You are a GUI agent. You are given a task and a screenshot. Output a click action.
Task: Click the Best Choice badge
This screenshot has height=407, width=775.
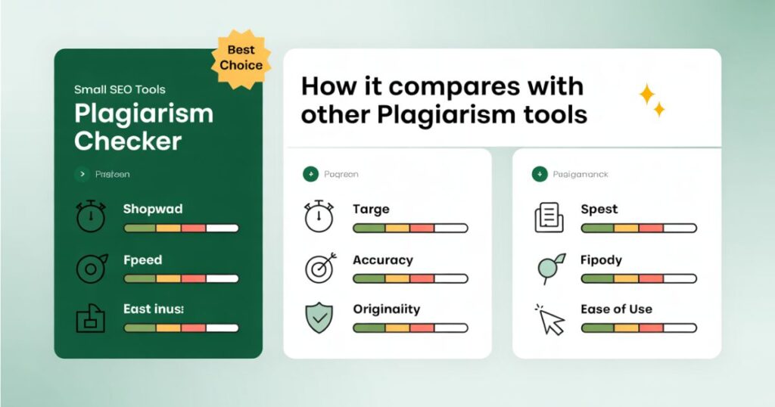pyautogui.click(x=240, y=57)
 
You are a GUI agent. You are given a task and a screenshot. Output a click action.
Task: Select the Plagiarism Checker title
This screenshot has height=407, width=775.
pyautogui.click(x=143, y=126)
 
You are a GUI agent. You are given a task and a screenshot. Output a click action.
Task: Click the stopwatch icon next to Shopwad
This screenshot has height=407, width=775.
pyautogui.click(x=92, y=217)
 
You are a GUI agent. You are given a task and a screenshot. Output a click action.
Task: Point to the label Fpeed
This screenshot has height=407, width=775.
pyautogui.click(x=142, y=260)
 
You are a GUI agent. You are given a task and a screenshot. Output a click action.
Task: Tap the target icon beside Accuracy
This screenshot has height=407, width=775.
pyautogui.click(x=319, y=268)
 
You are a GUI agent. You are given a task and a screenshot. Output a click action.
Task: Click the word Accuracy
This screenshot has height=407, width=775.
pyautogui.click(x=382, y=260)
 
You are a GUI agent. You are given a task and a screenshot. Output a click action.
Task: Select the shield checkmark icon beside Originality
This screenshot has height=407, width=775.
pyautogui.click(x=319, y=318)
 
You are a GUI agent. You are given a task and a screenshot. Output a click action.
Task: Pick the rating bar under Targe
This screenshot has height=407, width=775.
pyautogui.click(x=410, y=228)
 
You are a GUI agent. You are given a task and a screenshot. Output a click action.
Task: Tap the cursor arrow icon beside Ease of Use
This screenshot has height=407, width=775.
pyautogui.click(x=550, y=319)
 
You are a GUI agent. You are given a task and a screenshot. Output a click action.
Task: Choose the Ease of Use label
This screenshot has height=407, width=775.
pyautogui.click(x=616, y=309)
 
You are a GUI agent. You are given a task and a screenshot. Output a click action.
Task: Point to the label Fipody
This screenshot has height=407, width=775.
pyautogui.click(x=601, y=260)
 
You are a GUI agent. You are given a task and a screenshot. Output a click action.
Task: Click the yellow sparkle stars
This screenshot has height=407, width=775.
pyautogui.click(x=651, y=100)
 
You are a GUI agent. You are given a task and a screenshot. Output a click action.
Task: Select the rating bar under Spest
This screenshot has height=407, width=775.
pyautogui.click(x=638, y=228)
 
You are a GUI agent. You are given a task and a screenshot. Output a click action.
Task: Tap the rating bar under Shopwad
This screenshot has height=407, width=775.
pyautogui.click(x=181, y=228)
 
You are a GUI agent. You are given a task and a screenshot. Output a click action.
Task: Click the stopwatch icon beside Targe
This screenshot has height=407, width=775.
pyautogui.click(x=319, y=217)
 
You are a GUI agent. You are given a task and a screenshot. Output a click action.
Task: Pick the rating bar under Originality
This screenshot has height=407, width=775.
pyautogui.click(x=410, y=328)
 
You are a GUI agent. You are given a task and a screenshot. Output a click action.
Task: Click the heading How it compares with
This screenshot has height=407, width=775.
pyautogui.click(x=442, y=86)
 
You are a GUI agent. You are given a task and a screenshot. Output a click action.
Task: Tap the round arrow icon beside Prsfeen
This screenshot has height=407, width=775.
pyautogui.click(x=82, y=175)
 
